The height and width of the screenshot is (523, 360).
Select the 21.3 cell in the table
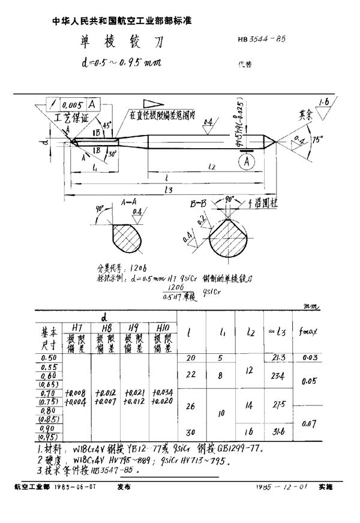tap(277, 357)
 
